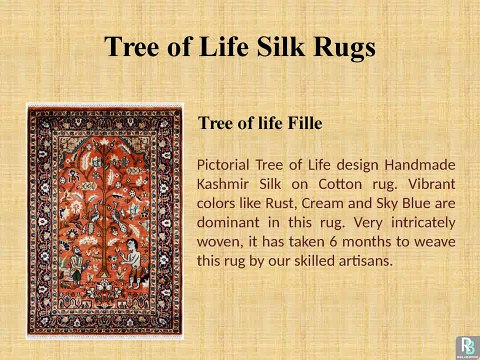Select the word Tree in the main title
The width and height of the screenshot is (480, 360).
coord(135,46)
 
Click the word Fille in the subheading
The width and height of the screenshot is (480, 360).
coord(301,124)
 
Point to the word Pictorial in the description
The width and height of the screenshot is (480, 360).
coord(228,164)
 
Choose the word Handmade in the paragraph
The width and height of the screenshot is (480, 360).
coord(422,164)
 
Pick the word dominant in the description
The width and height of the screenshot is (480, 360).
coord(232,222)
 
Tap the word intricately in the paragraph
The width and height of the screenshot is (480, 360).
coord(421,222)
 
